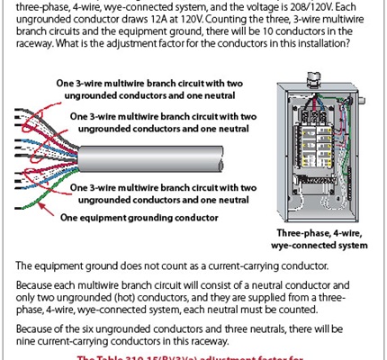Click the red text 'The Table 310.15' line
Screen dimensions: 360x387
[193, 355]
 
